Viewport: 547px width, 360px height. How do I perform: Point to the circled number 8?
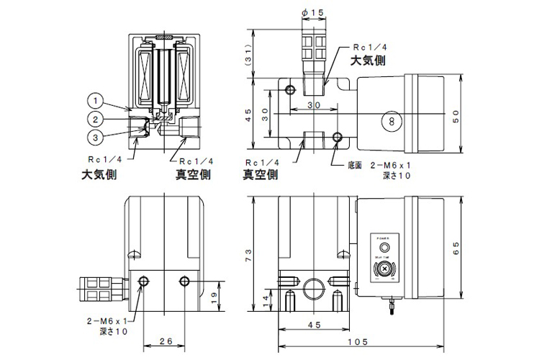(392, 121)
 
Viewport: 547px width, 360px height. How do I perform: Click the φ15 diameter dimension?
(312, 13)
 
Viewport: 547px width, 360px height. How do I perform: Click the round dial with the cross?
(383, 270)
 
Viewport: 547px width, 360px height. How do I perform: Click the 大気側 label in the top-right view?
(367, 61)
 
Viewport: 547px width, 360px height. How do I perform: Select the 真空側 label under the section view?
(192, 174)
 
